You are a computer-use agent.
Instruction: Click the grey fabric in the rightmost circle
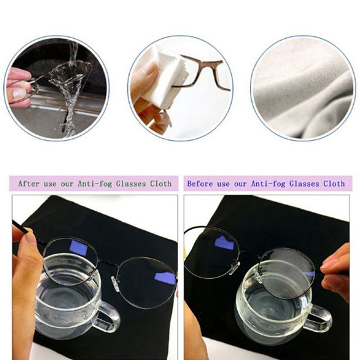(303, 88)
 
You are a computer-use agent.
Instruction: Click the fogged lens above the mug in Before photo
(287, 273)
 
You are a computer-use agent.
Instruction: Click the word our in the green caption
(67, 184)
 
